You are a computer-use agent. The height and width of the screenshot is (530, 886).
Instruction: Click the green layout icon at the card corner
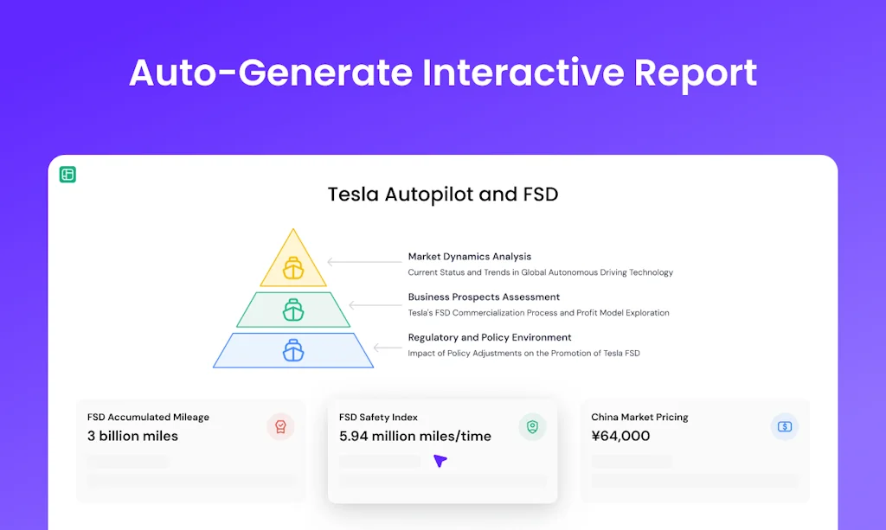pos(67,175)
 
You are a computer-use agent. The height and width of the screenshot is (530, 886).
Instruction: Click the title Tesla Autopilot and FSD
pos(442,195)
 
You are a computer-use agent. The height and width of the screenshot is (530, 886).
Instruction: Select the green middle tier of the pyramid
pos(293,310)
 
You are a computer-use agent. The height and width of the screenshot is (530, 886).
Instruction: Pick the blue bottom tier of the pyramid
pos(293,350)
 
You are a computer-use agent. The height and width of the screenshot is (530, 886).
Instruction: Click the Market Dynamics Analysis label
pos(469,257)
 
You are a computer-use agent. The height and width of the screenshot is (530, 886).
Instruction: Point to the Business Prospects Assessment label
pos(484,297)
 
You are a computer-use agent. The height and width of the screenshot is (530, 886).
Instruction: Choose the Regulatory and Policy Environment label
pos(490,337)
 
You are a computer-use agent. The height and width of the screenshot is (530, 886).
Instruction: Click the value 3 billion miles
pos(132,436)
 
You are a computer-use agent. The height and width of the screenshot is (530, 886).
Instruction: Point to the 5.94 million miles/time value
pos(415,436)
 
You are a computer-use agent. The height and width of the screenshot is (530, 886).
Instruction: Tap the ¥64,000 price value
pos(620,436)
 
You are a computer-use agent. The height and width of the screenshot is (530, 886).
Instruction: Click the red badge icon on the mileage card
pos(280,426)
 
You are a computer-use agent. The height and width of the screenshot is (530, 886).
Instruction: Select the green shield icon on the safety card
pos(532,426)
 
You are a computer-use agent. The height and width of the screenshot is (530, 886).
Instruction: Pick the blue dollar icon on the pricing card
pos(784,426)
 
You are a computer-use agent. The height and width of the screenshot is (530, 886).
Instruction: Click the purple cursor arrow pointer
pos(440,461)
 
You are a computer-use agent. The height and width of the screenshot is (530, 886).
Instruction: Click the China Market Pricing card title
pos(639,417)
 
